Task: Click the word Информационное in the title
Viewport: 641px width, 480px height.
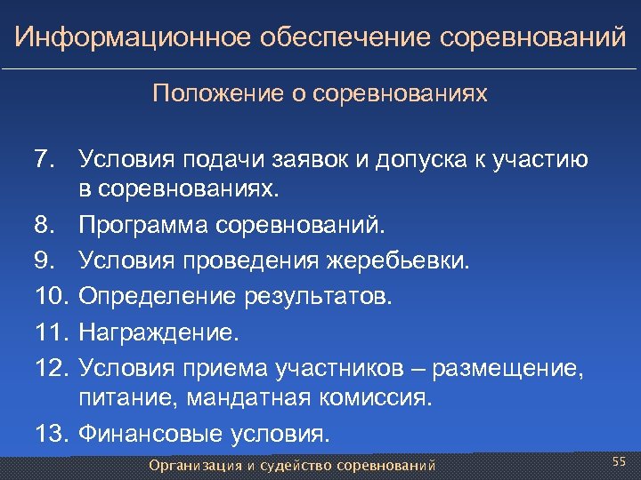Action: click(131, 38)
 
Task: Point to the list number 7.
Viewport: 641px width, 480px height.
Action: click(44, 160)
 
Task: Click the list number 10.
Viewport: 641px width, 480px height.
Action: click(50, 295)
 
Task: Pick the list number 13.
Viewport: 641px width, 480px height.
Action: click(50, 435)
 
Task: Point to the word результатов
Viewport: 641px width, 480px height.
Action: click(312, 295)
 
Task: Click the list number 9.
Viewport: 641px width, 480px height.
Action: click(44, 261)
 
